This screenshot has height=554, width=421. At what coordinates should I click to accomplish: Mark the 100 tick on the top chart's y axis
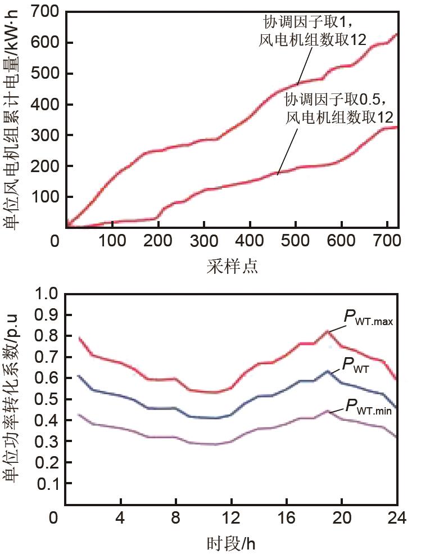pos(44,197)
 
